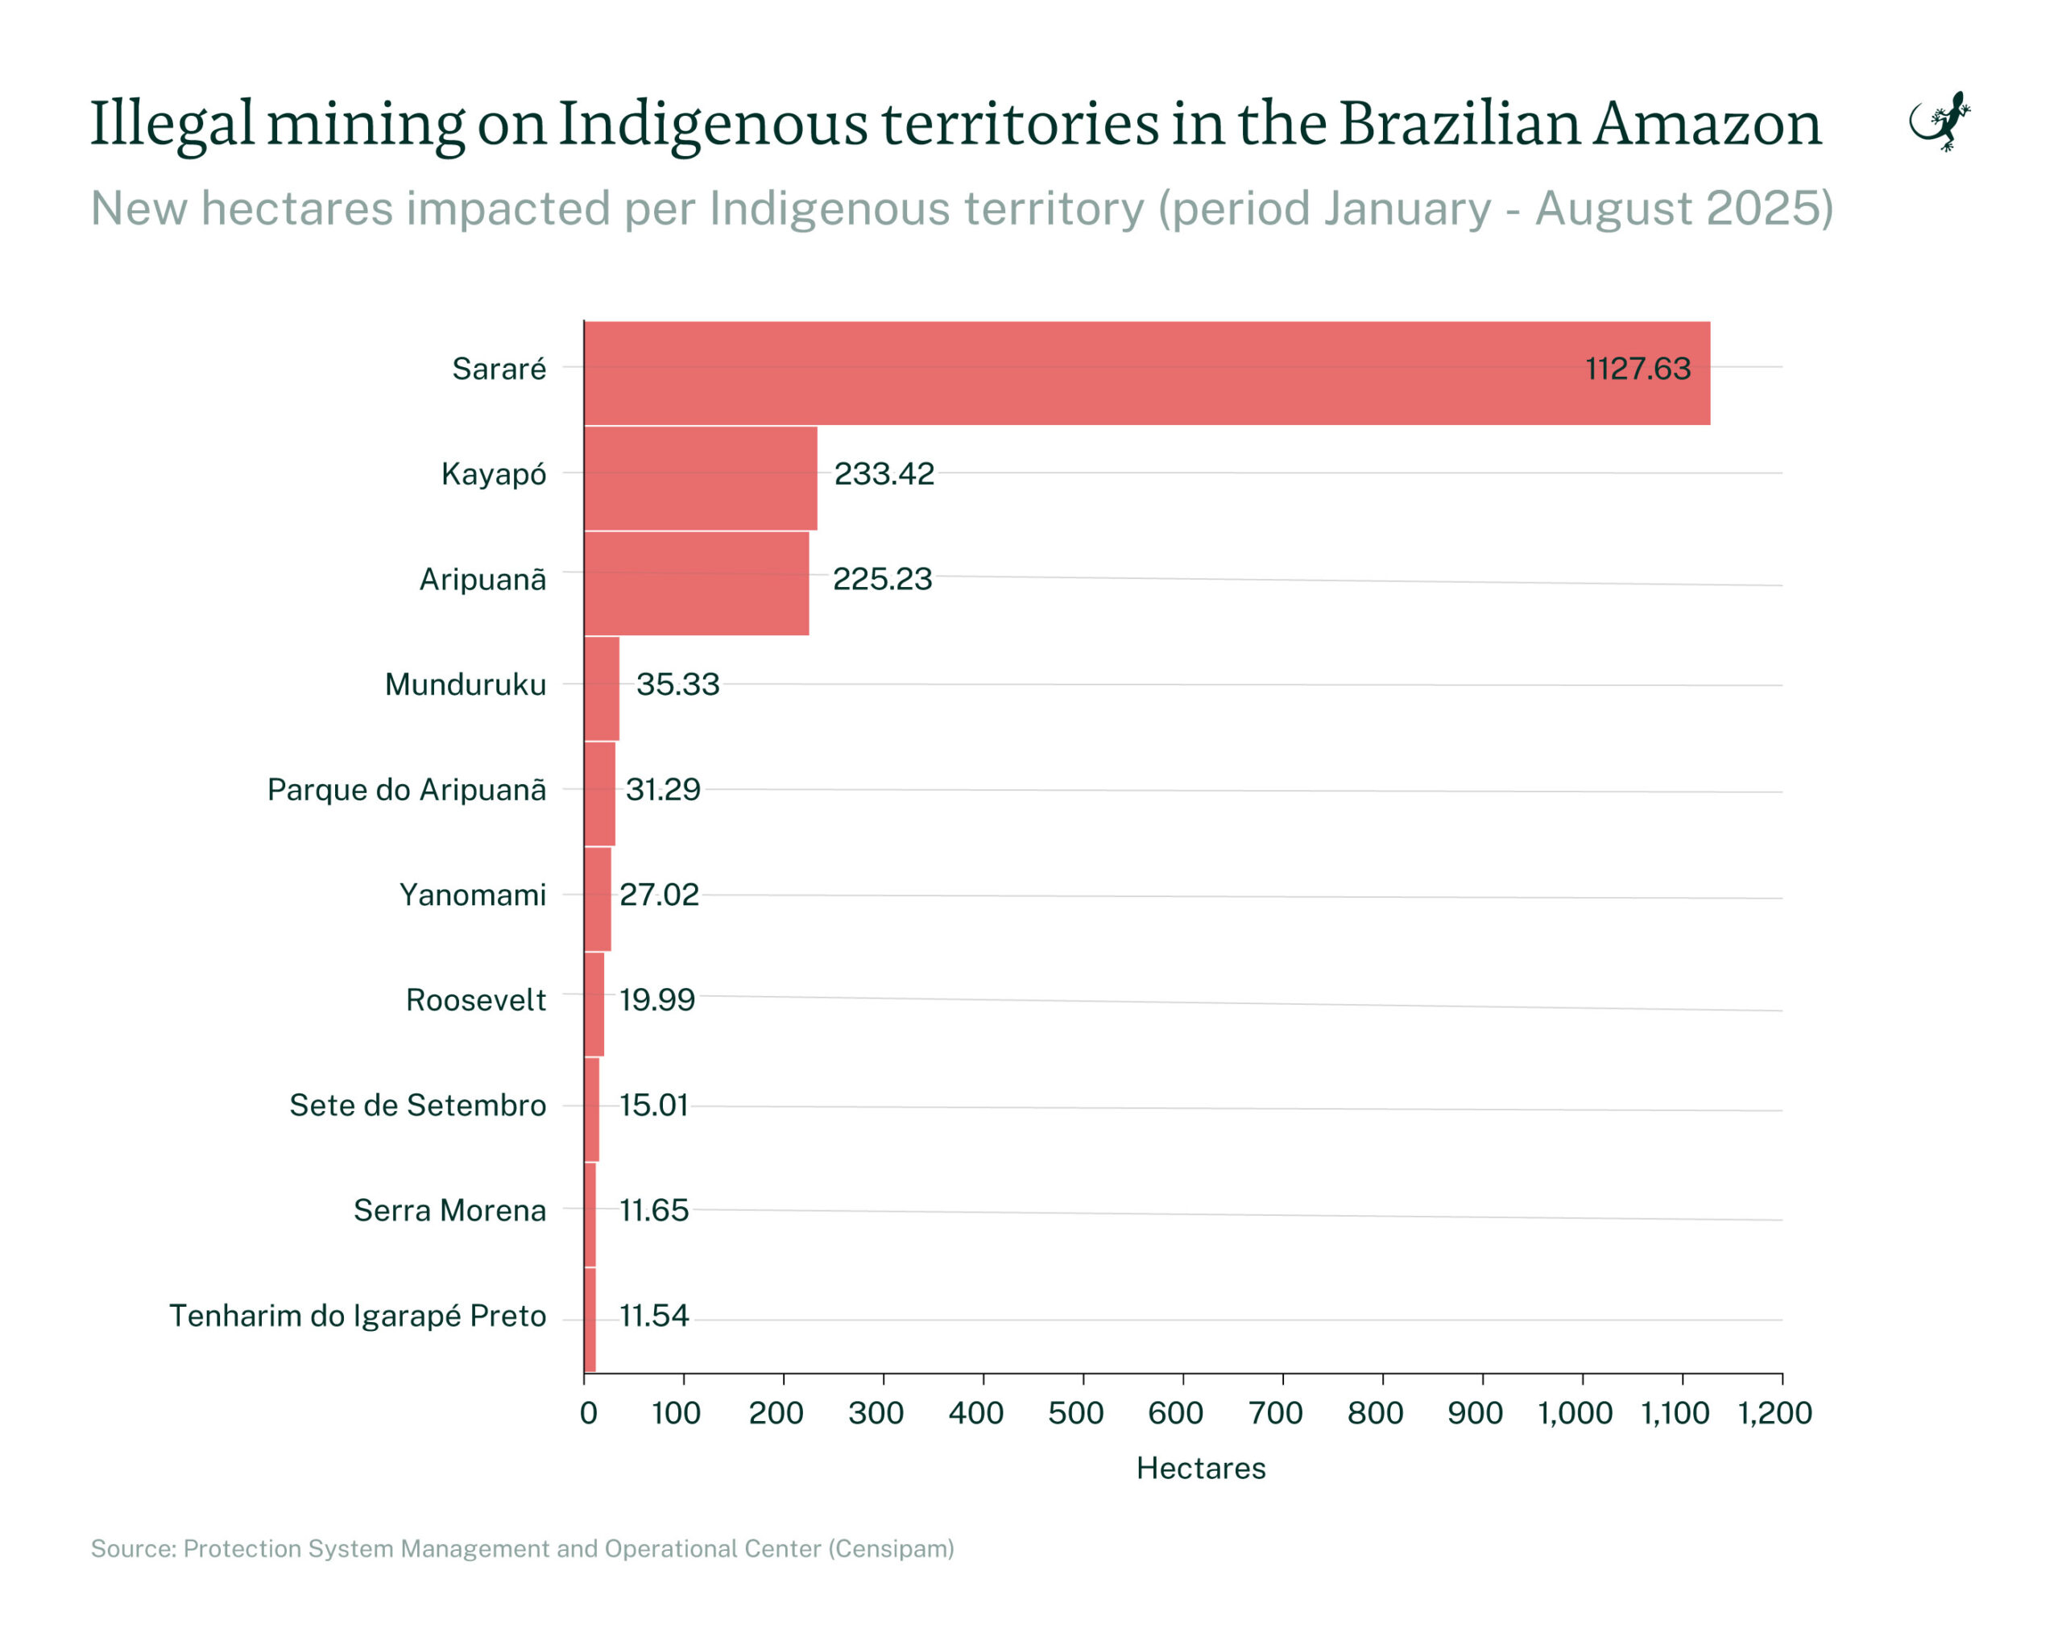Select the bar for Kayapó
point(700,478)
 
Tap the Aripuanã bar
point(696,583)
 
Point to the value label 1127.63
point(1638,369)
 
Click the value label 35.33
point(677,684)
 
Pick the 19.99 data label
point(657,1000)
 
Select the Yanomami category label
point(473,895)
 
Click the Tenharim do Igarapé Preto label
point(358,1316)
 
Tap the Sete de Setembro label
point(418,1105)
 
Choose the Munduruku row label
point(465,684)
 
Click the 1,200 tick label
point(1774,1413)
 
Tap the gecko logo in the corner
point(1940,122)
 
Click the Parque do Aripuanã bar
point(599,793)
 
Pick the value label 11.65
point(654,1210)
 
